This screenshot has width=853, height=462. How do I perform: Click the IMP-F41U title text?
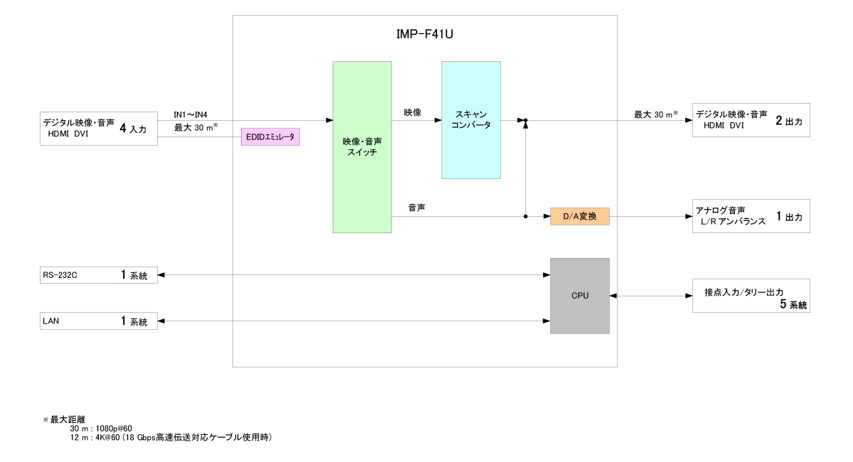pos(424,33)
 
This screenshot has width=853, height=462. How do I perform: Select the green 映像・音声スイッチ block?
pos(362,147)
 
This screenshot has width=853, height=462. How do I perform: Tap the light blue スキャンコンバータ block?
pos(471,119)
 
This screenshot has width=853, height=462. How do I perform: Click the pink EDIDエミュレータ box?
pos(271,137)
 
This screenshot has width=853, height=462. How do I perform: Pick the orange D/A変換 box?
pos(580,216)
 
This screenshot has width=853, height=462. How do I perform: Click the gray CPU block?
pos(580,296)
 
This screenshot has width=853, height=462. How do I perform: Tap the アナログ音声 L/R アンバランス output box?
pos(751,215)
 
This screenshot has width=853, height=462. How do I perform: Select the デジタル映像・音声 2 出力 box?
pos(751,119)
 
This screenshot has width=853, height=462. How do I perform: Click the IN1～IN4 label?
pos(191,114)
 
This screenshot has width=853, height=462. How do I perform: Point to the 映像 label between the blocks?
pos(412,112)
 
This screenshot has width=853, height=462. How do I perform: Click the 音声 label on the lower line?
pos(417,208)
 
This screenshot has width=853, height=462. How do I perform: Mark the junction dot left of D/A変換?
pos(525,216)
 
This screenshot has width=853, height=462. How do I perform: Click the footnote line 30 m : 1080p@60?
pos(101,429)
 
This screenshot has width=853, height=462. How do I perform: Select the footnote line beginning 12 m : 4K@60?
pos(171,437)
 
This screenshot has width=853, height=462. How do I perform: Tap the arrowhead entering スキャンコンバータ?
pos(437,120)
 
